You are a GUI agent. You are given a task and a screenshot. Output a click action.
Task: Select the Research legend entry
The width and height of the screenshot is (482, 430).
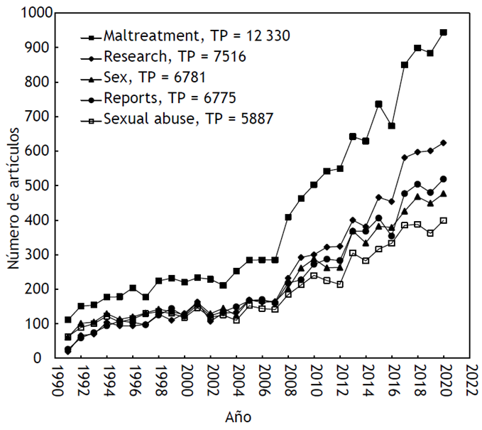point(175,56)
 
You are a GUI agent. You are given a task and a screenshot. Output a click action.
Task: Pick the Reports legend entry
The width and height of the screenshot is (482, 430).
point(170,97)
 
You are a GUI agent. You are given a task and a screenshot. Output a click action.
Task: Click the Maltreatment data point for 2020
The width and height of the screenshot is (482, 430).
point(444,33)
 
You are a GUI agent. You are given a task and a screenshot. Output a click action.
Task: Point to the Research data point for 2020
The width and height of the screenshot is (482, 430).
point(444,143)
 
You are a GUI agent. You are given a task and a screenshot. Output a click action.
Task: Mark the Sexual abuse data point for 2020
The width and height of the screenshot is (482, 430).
point(444,220)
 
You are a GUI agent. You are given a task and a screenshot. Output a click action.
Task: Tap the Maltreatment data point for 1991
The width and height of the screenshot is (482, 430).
point(68,320)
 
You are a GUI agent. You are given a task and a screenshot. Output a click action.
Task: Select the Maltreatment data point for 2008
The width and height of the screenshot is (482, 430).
point(288,217)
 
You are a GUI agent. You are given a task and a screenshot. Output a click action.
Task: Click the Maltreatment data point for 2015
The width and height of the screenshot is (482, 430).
point(379,104)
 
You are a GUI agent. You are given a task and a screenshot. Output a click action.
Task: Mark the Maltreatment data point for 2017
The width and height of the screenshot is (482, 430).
point(405,65)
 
